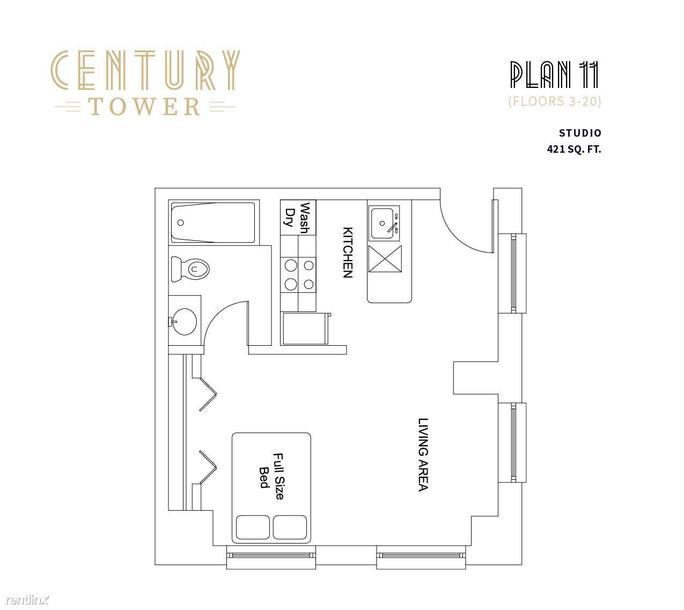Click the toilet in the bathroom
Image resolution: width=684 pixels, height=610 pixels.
pyautogui.click(x=190, y=269)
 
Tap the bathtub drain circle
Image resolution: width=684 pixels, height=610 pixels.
pyautogui.click(x=181, y=222)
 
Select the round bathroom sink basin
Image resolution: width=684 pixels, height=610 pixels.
pyautogui.click(x=185, y=321)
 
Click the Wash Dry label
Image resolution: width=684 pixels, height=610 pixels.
pyautogui.click(x=297, y=218)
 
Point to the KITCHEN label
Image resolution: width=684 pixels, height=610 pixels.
pyautogui.click(x=348, y=252)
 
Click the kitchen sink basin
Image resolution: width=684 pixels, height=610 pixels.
pyautogui.click(x=383, y=224)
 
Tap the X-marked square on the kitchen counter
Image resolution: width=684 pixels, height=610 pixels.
pyautogui.click(x=385, y=259)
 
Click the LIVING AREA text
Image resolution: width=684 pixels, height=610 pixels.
pyautogui.click(x=423, y=455)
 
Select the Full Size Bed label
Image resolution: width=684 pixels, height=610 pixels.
pyautogui.click(x=271, y=476)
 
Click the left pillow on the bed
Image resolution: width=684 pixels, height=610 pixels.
pyautogui.click(x=253, y=527)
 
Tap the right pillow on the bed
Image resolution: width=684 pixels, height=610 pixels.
pyautogui.click(x=290, y=527)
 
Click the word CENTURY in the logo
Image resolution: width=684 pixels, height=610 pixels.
pyautogui.click(x=145, y=70)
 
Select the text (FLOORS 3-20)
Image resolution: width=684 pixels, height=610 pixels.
pyautogui.click(x=555, y=101)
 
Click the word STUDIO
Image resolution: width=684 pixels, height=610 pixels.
pyautogui.click(x=580, y=133)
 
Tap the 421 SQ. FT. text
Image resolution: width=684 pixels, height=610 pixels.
pyautogui.click(x=574, y=149)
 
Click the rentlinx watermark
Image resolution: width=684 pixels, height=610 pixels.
pyautogui.click(x=27, y=599)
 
